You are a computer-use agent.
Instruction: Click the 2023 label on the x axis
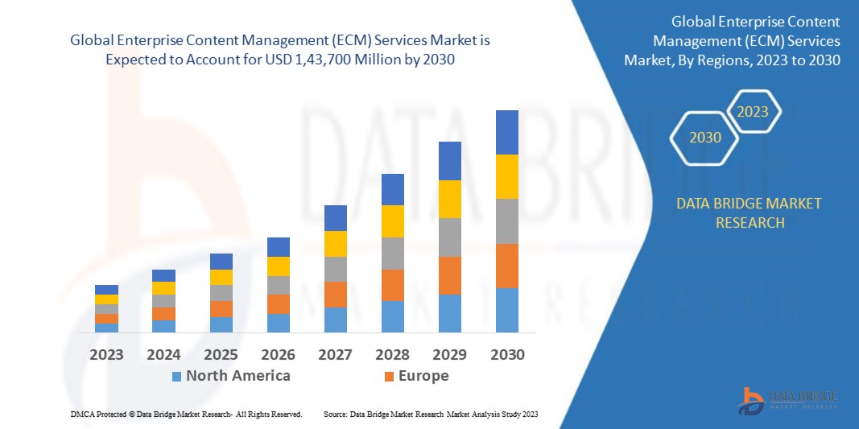pos(106,354)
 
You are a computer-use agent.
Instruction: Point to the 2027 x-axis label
pos(335,354)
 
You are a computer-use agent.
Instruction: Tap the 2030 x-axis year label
pos(506,354)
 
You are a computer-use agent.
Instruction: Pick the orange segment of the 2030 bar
pos(506,266)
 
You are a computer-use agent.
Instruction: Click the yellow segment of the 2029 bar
pos(449,199)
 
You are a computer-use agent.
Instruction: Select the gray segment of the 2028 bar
pos(392,253)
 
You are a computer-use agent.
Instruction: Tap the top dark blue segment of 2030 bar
pos(506,132)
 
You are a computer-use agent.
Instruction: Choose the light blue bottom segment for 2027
pos(335,320)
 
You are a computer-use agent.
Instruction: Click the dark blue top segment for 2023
pos(106,290)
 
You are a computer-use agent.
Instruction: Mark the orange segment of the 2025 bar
pos(221,308)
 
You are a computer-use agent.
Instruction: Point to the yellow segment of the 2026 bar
pos(278,266)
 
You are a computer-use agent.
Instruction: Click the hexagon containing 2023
pos(753,112)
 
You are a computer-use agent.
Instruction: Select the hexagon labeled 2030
pos(704,138)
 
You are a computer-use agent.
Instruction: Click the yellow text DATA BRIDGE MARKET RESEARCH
pos(750,212)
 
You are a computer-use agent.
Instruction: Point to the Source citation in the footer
pos(430,414)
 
